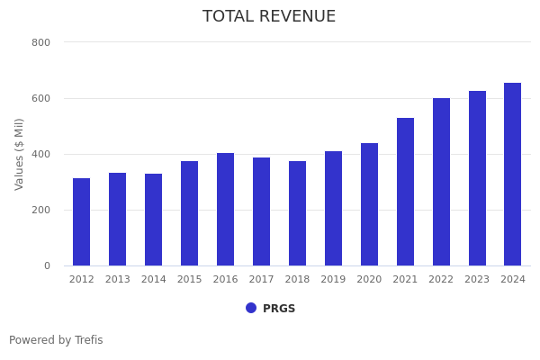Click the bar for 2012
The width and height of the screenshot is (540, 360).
point(82,222)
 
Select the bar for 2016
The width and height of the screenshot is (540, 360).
point(225,210)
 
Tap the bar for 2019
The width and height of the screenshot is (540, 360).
point(333,209)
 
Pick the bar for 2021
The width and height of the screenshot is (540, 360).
point(405,192)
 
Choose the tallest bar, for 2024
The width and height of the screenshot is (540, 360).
point(512,175)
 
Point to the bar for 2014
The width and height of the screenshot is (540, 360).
point(154,220)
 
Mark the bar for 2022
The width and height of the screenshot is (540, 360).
point(441,182)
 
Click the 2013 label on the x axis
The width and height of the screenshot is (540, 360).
point(118,280)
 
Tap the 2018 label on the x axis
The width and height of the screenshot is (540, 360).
point(297,280)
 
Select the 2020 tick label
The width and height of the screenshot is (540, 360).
point(369,280)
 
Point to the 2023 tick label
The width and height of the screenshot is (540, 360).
point(477,280)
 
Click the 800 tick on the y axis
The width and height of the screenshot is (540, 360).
point(41,42)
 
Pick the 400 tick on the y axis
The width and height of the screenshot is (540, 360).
point(41,154)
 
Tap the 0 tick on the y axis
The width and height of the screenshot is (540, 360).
point(47,265)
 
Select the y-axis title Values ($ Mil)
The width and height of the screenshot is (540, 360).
point(20,154)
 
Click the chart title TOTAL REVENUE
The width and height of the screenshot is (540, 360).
point(269,17)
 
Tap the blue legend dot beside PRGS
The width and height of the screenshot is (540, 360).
point(251,308)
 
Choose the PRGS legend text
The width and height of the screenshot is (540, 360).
point(279,309)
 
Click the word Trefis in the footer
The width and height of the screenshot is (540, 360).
point(88,340)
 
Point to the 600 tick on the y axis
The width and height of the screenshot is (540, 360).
point(41,98)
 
